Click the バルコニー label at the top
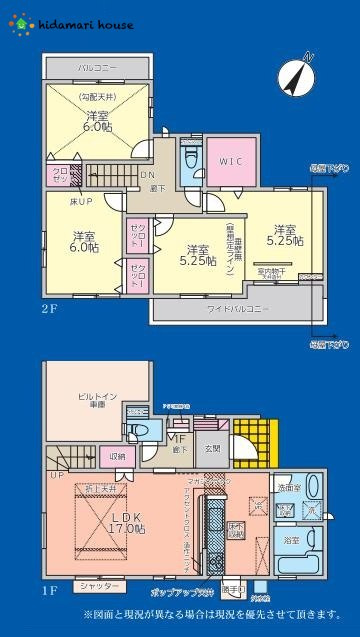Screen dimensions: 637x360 click(x=98, y=67)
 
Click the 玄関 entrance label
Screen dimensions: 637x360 click(x=213, y=449)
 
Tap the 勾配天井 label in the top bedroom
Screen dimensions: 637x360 click(x=98, y=97)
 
